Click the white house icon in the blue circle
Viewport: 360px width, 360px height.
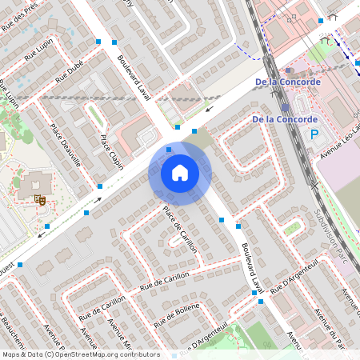pos(180,172)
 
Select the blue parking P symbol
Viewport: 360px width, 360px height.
pos(314,135)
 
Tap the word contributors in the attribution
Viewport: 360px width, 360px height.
pos(138,354)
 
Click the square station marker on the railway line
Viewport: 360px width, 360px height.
pos(286,106)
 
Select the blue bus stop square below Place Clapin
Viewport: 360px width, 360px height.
pos(100,186)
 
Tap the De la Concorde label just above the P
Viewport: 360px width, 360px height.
pos(286,120)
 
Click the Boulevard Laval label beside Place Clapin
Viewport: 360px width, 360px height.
pos(134,78)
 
